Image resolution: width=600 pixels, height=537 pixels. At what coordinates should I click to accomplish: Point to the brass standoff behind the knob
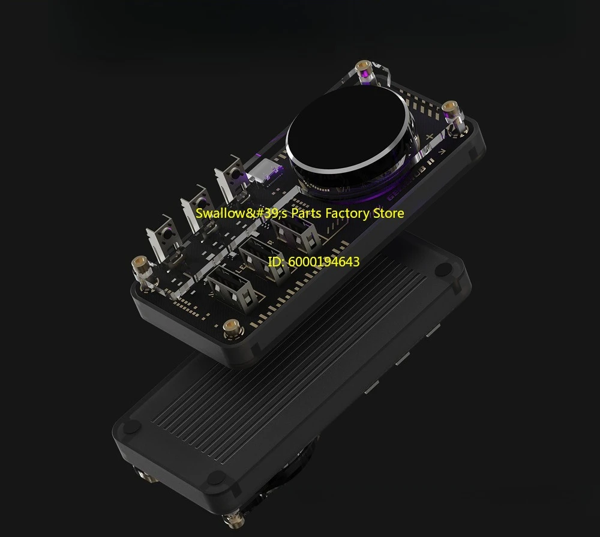[x=364, y=71]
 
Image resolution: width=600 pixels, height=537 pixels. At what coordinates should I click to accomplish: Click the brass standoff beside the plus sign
[x=452, y=114]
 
